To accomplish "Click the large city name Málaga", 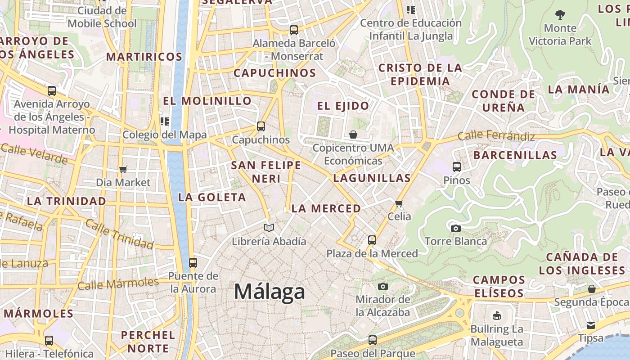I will (x=269, y=292).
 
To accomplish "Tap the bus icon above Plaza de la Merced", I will (x=372, y=240).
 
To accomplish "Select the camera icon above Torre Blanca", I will (x=455, y=228).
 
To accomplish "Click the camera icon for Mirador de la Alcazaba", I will (x=382, y=286).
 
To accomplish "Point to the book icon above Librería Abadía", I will (x=269, y=228).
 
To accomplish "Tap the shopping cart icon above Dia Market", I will (x=123, y=170).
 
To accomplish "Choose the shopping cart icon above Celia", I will (x=399, y=203).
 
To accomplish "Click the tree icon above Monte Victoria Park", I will (x=560, y=15).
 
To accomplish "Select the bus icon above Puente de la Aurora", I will (x=193, y=263).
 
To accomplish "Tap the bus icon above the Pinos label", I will (x=456, y=167).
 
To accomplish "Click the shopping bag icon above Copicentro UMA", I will (x=353, y=135).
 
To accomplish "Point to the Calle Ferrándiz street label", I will (x=496, y=135).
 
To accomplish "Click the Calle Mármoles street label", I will (x=118, y=284).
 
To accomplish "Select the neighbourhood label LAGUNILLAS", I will (x=372, y=178).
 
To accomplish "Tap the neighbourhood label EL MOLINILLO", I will (x=207, y=101).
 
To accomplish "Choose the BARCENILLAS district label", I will (x=515, y=155).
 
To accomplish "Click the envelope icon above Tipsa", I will (x=590, y=325).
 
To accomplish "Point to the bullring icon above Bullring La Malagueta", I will (x=497, y=316).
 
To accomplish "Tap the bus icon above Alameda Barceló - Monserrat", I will (x=294, y=30).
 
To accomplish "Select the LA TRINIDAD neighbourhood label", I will (x=66, y=201).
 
